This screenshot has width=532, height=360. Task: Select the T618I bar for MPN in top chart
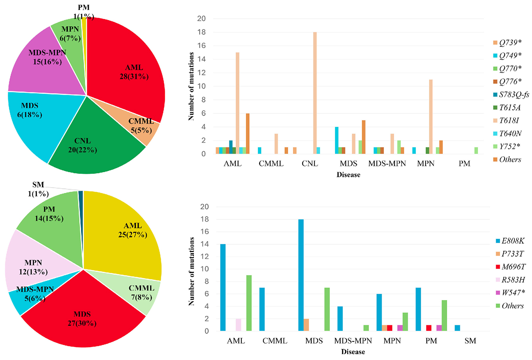pos(431,116)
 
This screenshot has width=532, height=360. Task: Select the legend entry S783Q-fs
pos(514,94)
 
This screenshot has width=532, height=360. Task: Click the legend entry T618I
pos(509,120)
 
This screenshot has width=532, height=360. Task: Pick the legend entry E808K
pos(513,241)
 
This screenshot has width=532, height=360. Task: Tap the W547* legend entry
pos(513,293)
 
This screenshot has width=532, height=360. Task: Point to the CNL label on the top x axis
pos(310,164)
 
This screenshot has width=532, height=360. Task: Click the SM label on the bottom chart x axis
pos(470,341)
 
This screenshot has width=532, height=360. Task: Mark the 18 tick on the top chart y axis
pos(203,32)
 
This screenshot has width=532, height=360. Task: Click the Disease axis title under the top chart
pos(348,175)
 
